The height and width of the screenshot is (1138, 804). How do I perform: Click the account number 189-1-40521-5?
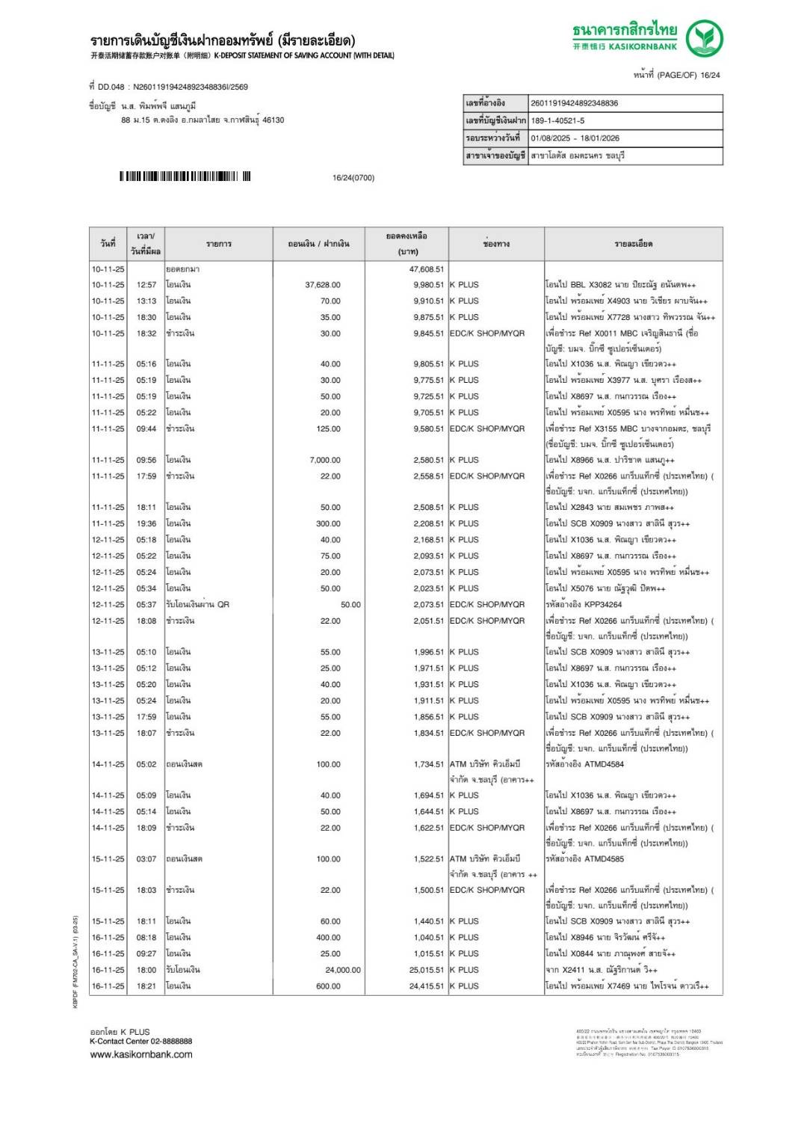[x=557, y=120]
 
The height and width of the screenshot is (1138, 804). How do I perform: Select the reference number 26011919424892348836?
[x=574, y=103]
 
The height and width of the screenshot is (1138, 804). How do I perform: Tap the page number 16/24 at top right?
[x=710, y=75]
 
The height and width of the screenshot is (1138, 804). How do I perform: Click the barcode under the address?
[x=185, y=176]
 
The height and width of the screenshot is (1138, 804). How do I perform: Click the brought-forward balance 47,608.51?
[x=426, y=269]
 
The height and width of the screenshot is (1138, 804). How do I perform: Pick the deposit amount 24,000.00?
[x=343, y=970]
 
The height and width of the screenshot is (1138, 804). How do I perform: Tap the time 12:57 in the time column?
[x=146, y=285]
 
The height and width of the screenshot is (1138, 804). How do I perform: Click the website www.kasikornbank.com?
[x=140, y=1054]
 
